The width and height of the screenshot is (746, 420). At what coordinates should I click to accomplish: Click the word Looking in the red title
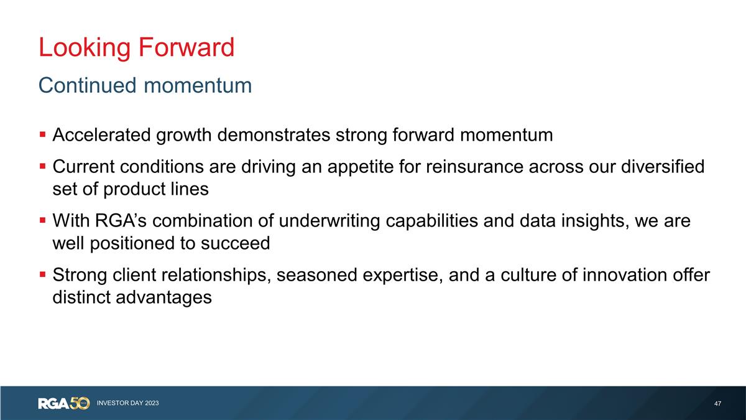coord(82,48)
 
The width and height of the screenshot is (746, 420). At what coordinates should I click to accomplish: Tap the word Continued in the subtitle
coord(87,85)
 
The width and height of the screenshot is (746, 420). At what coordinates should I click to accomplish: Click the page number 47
coord(717,404)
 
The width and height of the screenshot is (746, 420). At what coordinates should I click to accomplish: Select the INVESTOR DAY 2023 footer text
coord(127,404)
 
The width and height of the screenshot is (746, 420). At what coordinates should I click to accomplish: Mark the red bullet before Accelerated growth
coord(42,134)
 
